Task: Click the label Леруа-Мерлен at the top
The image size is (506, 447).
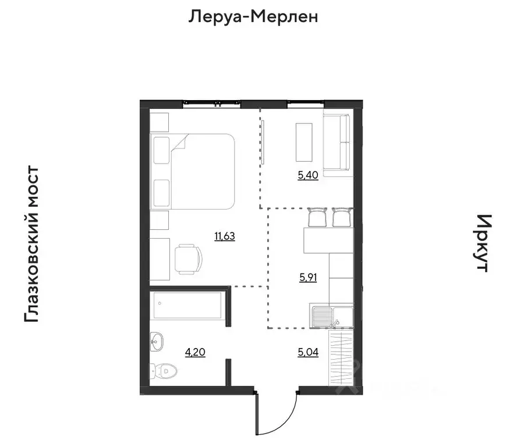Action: (x=253, y=17)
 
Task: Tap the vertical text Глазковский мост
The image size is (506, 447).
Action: (x=31, y=244)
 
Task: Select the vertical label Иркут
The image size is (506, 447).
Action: (x=483, y=243)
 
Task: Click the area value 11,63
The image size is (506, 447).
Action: (x=224, y=236)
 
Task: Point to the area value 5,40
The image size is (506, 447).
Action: (x=307, y=175)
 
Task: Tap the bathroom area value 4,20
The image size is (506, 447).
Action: (x=194, y=352)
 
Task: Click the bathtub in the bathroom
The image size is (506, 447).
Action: (x=186, y=306)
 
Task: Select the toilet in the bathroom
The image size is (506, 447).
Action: (x=162, y=370)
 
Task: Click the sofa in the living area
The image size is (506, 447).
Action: (x=337, y=144)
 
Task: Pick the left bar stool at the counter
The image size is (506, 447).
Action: (x=317, y=218)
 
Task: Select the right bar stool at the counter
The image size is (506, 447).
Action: (x=342, y=218)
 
